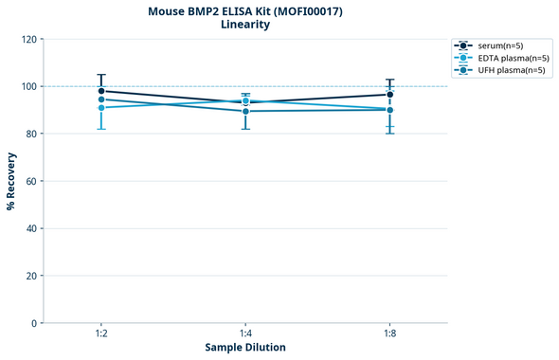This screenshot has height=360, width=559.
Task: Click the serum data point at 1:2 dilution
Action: (x=101, y=91)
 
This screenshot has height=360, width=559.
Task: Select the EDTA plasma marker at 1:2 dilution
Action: (x=101, y=108)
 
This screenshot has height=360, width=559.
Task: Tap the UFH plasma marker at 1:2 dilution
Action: (x=101, y=99)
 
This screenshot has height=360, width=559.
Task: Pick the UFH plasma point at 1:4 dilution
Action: (x=245, y=111)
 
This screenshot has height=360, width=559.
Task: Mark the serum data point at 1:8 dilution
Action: (x=389, y=95)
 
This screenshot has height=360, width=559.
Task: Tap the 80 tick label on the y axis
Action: (x=31, y=134)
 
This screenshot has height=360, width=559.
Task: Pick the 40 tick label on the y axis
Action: (x=31, y=228)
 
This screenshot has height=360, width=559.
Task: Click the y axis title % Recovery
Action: (x=11, y=180)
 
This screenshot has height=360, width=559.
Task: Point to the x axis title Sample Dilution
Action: (x=245, y=348)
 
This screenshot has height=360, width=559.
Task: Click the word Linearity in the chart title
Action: (x=245, y=25)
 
